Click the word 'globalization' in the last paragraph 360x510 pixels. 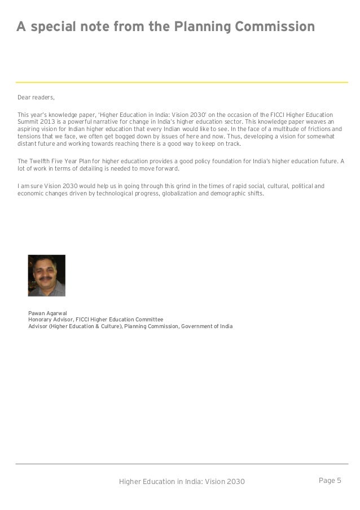pyautogui.click(x=184, y=193)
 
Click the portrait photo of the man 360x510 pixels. pyautogui.click(x=46, y=276)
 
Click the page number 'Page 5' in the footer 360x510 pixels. pyautogui.click(x=330, y=481)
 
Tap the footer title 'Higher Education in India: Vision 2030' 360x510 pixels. pyautogui.click(x=182, y=481)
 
